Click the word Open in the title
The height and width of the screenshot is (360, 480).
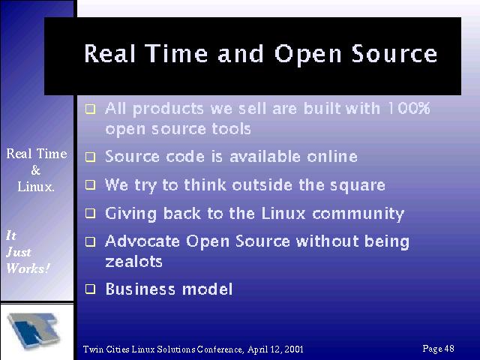(307, 55)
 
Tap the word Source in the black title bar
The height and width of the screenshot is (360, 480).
(394, 53)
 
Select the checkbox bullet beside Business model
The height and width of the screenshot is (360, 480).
(90, 289)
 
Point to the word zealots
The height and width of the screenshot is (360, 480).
(133, 262)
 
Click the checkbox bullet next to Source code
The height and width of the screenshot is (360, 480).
(90, 157)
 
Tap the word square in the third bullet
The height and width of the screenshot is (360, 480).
(358, 186)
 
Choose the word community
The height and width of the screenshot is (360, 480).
(358, 214)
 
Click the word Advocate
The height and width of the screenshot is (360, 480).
(142, 241)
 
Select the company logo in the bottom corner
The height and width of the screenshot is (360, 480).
(34, 331)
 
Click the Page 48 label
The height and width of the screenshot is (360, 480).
(438, 349)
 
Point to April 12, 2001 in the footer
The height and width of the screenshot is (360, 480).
(275, 349)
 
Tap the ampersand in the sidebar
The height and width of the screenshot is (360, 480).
(36, 170)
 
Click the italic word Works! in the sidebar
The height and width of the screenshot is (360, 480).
(28, 268)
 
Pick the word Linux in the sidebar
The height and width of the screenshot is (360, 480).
(36, 187)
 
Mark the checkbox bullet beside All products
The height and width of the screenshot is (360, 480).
(90, 109)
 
